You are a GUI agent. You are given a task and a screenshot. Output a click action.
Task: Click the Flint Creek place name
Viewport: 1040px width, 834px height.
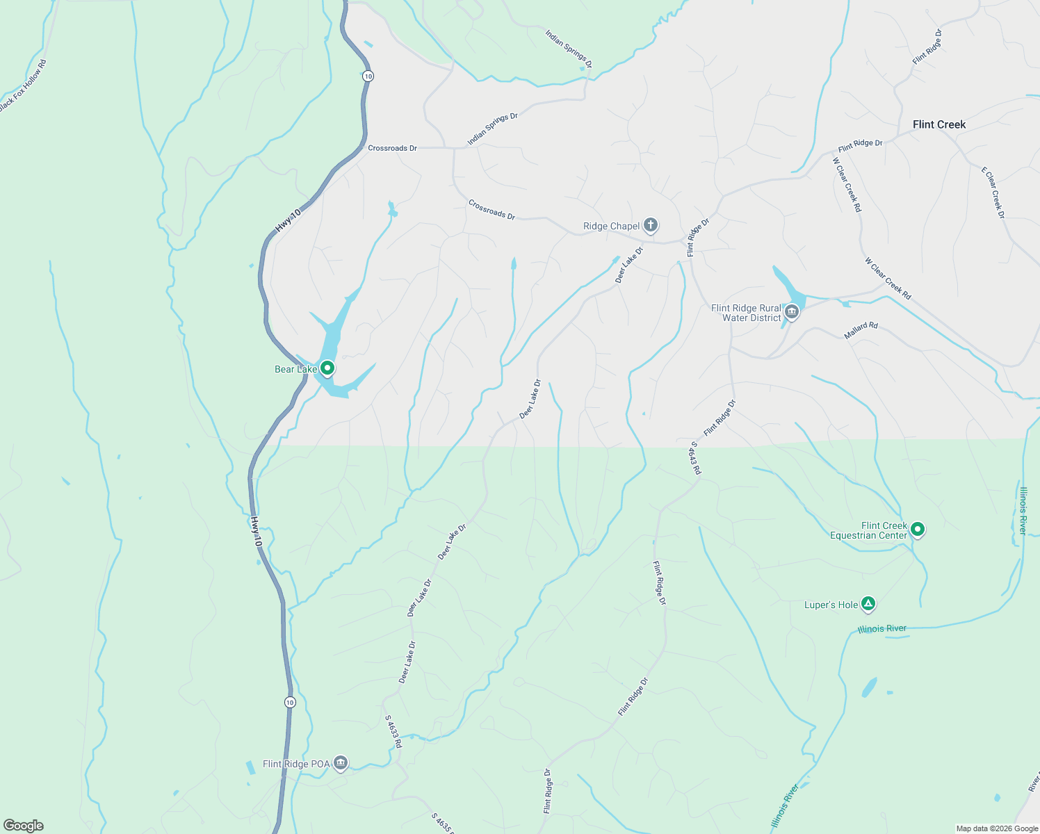pos(939,124)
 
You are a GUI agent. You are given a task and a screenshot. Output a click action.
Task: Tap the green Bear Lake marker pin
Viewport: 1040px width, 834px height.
pos(327,368)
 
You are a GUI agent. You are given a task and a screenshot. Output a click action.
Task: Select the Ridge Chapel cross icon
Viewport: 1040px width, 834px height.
pos(650,224)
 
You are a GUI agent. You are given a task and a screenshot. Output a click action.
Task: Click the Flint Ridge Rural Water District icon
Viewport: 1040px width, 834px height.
pos(791,312)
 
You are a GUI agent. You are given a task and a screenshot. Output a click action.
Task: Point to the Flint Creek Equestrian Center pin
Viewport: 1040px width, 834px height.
pos(917,530)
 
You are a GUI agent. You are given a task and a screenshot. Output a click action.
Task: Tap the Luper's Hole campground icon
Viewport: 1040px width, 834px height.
pos(868,604)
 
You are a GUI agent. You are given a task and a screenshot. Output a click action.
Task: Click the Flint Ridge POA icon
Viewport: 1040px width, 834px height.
pos(340,763)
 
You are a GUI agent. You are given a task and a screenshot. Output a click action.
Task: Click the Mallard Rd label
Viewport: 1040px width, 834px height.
pos(861,330)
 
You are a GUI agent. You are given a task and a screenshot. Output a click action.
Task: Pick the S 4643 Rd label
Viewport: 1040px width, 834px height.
pos(694,458)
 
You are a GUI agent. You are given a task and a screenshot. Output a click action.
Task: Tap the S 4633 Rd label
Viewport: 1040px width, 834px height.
pos(393,732)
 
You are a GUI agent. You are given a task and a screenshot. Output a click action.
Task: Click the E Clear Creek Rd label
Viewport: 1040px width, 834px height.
pos(993,193)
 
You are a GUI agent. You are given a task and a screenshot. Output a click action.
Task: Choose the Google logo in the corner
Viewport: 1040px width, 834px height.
pos(24,825)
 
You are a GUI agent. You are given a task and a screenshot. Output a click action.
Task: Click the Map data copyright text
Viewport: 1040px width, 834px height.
pos(996,828)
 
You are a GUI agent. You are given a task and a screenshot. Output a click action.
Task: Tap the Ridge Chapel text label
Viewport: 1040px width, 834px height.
pos(611,226)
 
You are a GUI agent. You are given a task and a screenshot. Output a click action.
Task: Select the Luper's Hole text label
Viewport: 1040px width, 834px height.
pos(831,605)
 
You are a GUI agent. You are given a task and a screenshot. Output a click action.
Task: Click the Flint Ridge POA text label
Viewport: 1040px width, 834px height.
pos(296,764)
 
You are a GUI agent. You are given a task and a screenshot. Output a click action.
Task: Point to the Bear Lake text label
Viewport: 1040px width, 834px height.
pos(295,369)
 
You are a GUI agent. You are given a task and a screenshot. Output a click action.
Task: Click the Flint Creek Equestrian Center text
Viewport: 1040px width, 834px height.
pos(869,530)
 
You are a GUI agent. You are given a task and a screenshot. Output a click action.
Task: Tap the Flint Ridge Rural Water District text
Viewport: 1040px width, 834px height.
pos(746,313)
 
